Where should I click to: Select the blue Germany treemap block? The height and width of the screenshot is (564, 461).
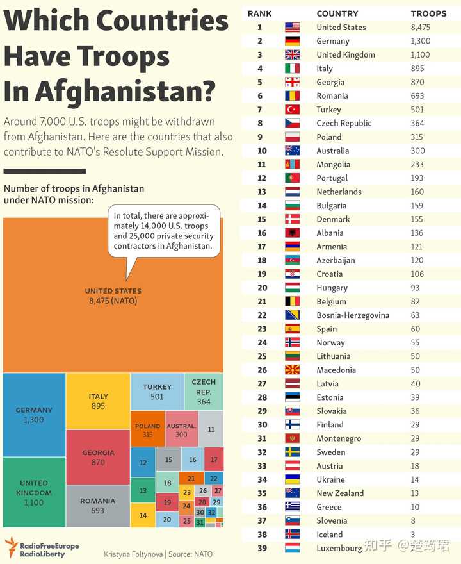click(x=34, y=415)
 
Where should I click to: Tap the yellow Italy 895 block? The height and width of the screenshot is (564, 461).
click(x=98, y=401)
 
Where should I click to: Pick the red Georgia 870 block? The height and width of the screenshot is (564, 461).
click(x=98, y=457)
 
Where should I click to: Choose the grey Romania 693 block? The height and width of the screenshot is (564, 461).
click(x=98, y=506)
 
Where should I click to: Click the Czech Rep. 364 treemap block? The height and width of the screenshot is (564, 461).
click(x=204, y=392)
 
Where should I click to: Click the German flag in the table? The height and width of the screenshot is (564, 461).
click(x=293, y=41)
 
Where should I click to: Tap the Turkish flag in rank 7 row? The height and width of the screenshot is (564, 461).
click(x=293, y=110)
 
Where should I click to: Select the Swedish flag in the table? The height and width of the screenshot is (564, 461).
click(x=293, y=452)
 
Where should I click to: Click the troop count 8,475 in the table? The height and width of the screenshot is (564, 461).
click(x=421, y=28)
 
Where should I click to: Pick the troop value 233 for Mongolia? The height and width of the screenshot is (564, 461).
click(x=417, y=164)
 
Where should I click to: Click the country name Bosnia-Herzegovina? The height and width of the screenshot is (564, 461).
click(x=353, y=315)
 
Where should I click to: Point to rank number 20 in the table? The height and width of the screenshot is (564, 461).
click(x=263, y=288)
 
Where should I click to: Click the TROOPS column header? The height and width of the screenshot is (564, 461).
click(x=428, y=13)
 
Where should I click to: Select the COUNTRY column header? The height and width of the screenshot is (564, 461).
click(x=337, y=13)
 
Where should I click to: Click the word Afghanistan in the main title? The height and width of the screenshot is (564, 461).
click(x=125, y=92)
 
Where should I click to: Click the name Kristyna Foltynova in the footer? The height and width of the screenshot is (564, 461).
click(x=133, y=554)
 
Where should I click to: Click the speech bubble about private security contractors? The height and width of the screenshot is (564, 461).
click(x=164, y=231)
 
